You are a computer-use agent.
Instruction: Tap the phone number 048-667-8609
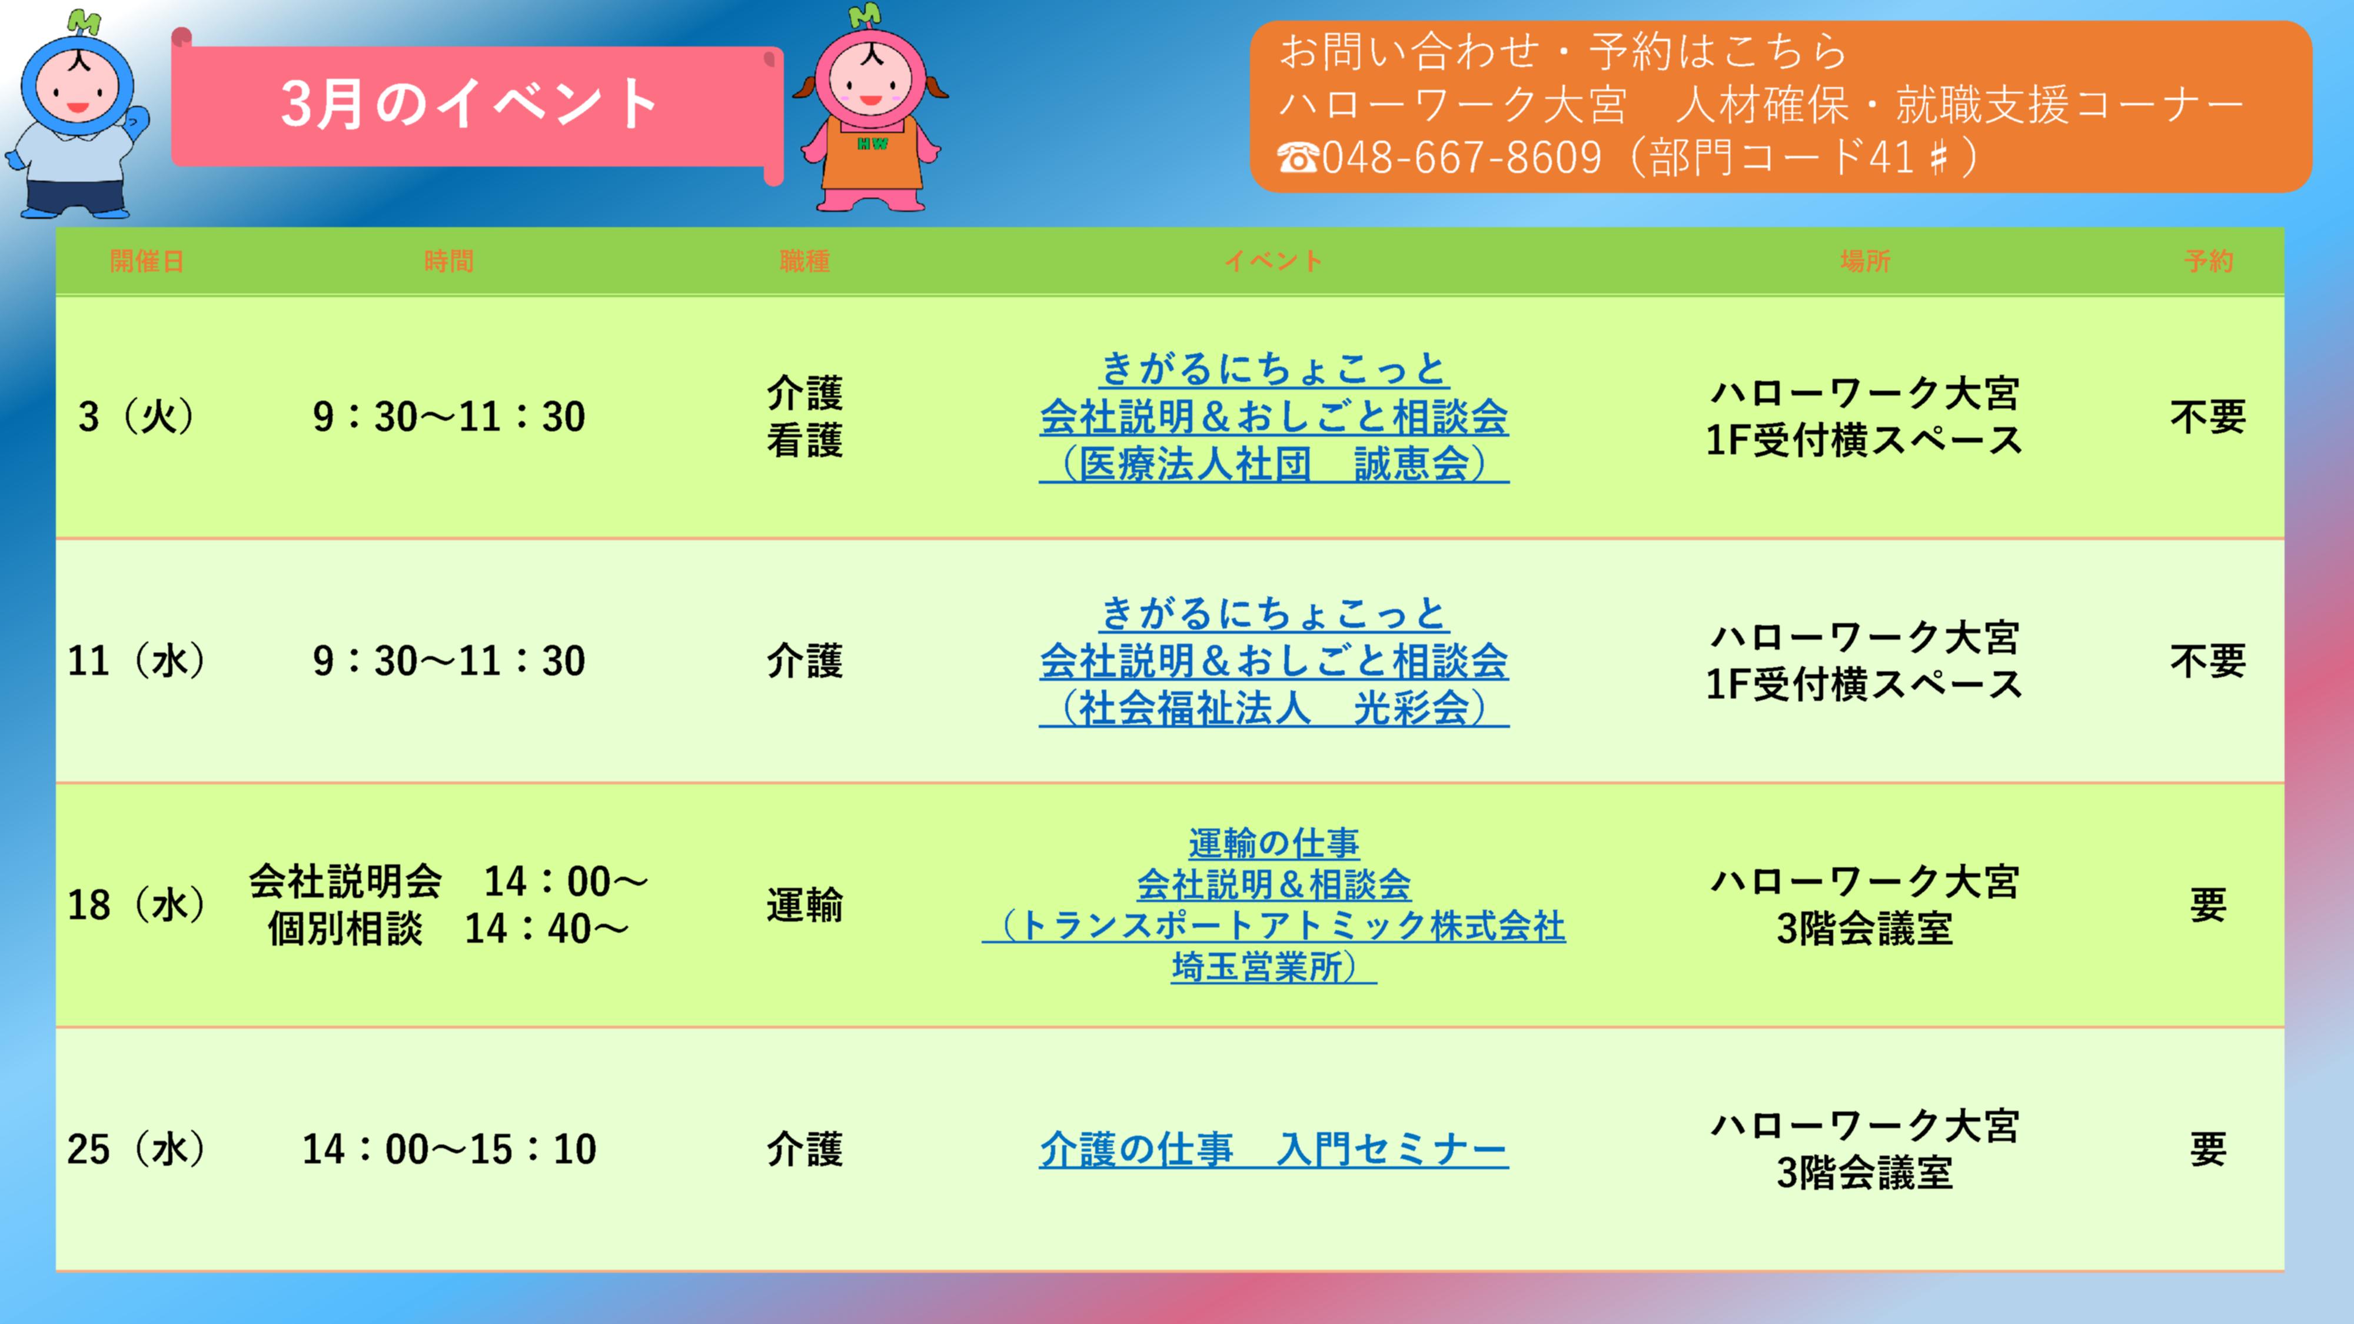pos(1461,157)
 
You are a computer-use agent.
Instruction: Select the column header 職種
pos(804,261)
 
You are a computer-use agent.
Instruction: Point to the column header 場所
pos(1864,261)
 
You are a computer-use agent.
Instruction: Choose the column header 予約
pos(2208,261)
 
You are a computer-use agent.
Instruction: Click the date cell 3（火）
pos(136,417)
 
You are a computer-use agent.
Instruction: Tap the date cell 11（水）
pos(136,661)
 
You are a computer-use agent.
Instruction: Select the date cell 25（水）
pos(136,1149)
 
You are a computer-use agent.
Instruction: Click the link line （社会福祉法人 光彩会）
pos(1274,707)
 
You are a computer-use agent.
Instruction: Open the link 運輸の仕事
pos(1274,843)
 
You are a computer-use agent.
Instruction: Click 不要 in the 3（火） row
pos(2208,417)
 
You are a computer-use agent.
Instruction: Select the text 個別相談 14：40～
pos(448,929)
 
